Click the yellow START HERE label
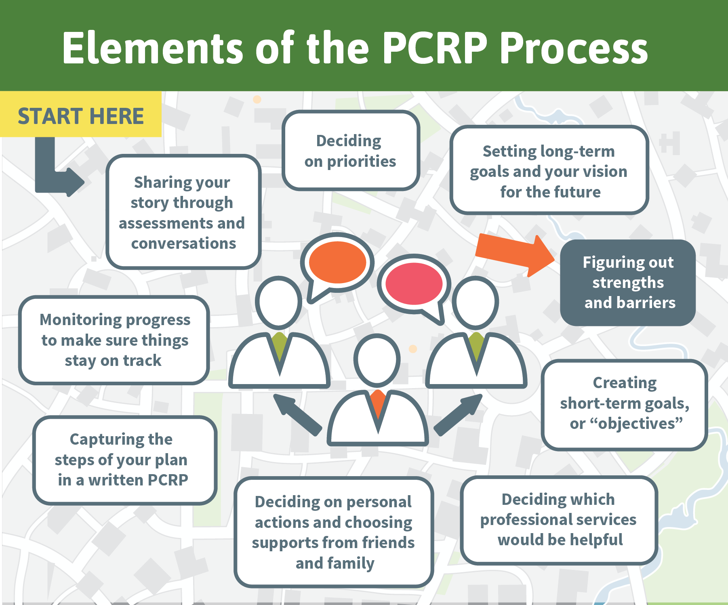(81, 114)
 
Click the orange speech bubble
(337, 267)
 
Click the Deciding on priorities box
(351, 150)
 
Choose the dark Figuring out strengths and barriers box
(628, 283)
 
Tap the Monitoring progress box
(114, 340)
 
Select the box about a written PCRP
(125, 460)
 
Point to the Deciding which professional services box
(559, 520)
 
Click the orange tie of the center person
(378, 406)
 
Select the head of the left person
(279, 302)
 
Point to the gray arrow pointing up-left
(297, 415)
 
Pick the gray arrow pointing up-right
(458, 415)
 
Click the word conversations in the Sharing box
(183, 244)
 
